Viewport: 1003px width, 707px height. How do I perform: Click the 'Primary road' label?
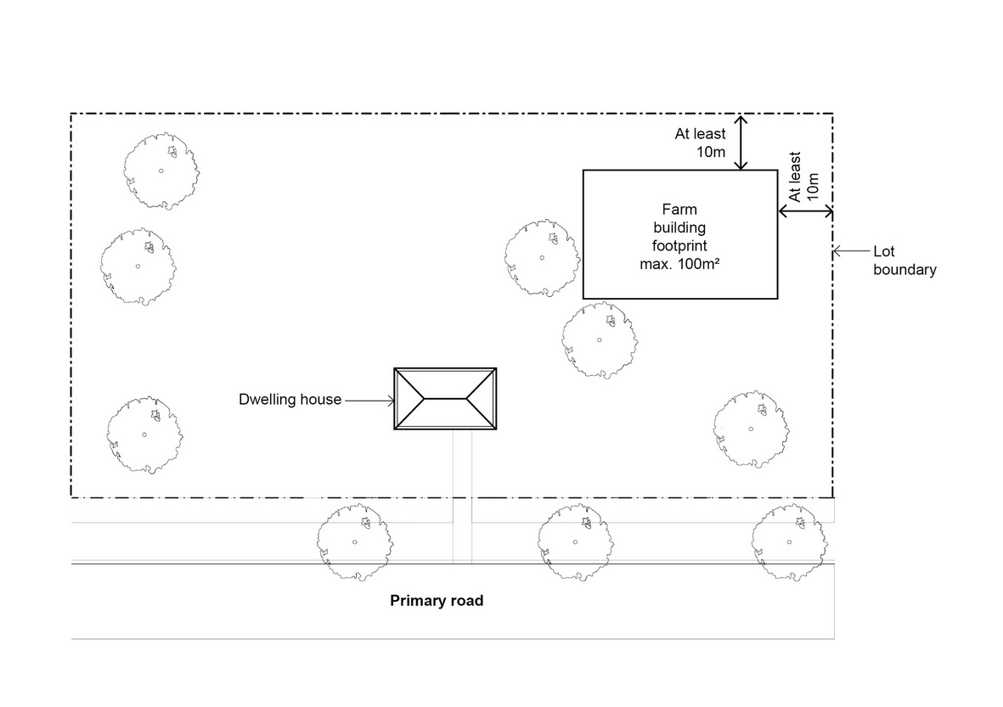[x=437, y=601]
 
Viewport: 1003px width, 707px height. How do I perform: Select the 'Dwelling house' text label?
[x=290, y=399]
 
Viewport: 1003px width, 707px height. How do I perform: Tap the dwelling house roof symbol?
[x=445, y=398]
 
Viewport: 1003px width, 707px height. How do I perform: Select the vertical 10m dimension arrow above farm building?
[x=741, y=142]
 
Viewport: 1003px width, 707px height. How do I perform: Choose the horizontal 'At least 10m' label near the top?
[x=701, y=143]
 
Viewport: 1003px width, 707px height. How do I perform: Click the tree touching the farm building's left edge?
[x=542, y=258]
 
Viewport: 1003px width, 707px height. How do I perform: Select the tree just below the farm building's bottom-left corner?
[x=599, y=339]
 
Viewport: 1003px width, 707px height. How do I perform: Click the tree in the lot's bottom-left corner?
[x=144, y=435]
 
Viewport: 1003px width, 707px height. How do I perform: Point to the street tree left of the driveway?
[x=355, y=541]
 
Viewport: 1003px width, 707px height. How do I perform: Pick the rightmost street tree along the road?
[x=789, y=541]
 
